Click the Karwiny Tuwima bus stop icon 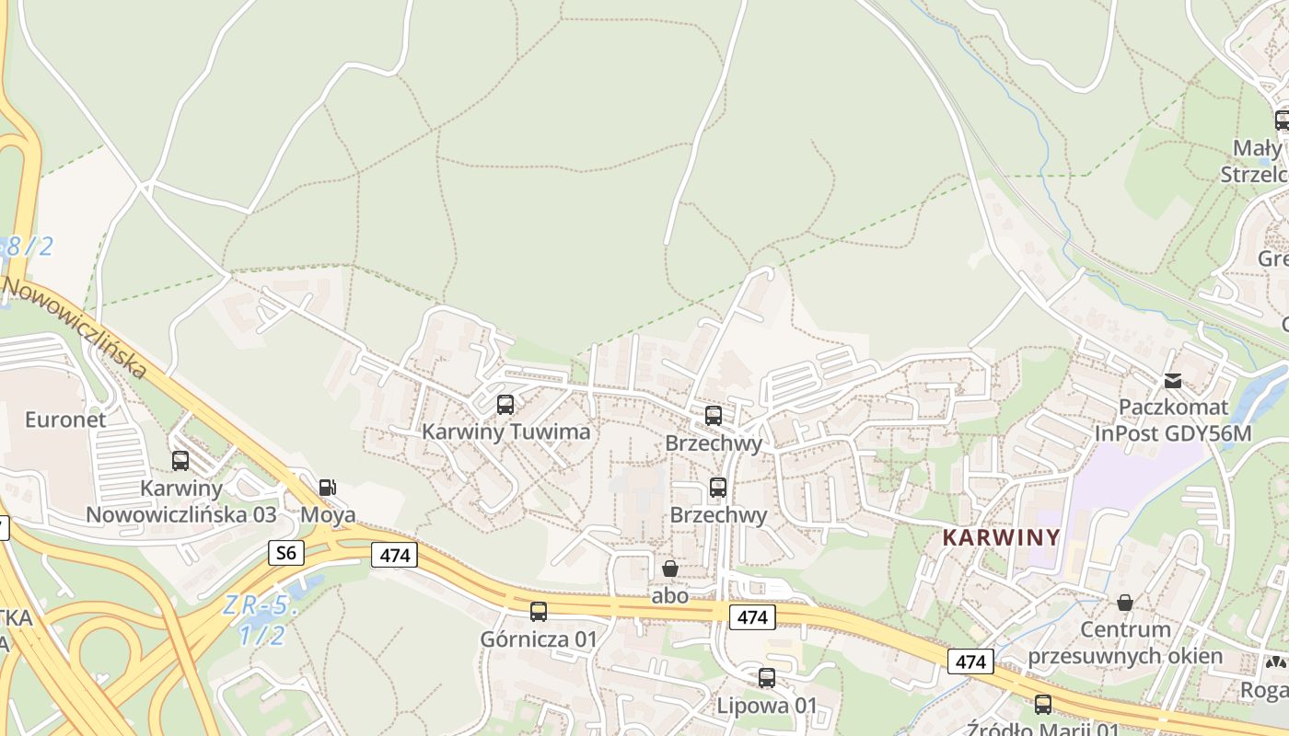point(505,405)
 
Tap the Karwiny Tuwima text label point(505,431)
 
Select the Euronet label point(65,420)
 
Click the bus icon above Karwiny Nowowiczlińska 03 point(180,461)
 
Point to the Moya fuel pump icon point(328,488)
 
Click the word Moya point(328,514)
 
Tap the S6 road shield point(286,552)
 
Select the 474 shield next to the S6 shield point(395,555)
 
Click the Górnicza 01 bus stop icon point(539,612)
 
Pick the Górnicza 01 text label point(539,638)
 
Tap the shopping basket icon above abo point(670,569)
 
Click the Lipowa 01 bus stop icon point(767,679)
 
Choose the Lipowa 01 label point(767,706)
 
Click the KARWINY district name point(1002,537)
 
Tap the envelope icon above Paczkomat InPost point(1173,381)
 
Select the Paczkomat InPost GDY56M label point(1173,420)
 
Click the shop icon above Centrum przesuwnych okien point(1124,604)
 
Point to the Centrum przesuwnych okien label point(1125,643)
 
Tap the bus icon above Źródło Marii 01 point(1042,705)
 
